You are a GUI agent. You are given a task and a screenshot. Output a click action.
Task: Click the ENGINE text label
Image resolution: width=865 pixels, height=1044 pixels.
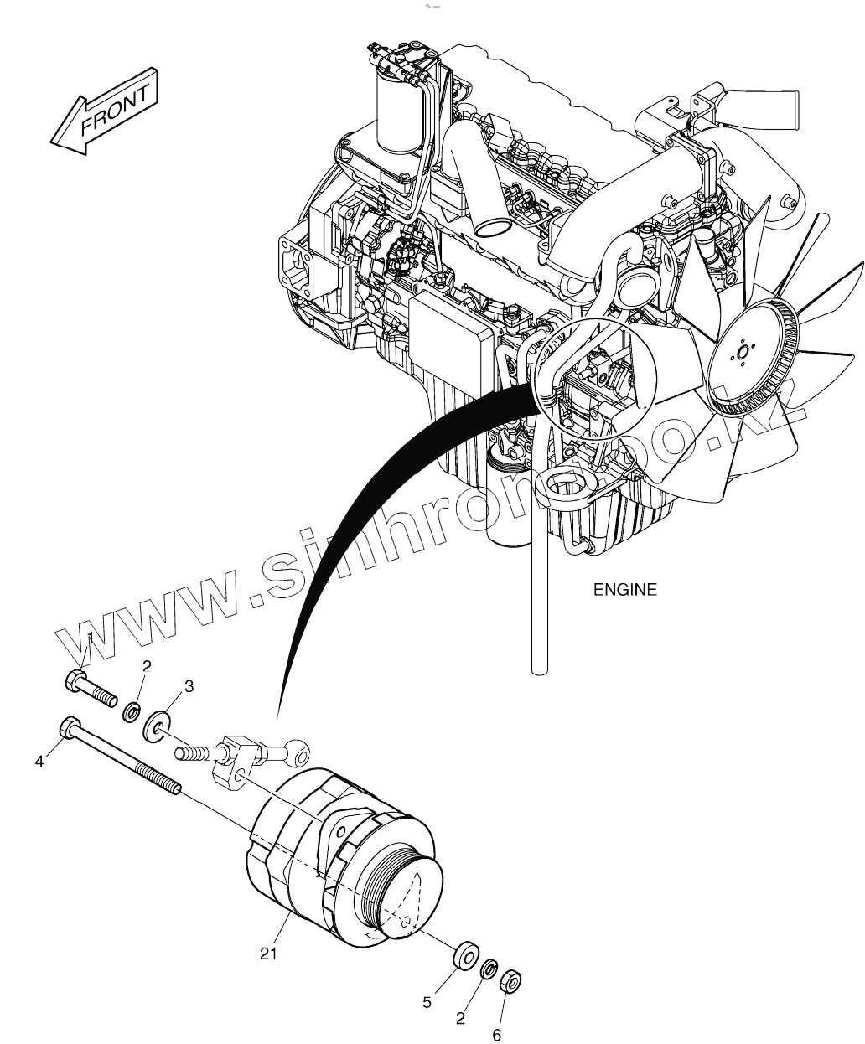tap(624, 590)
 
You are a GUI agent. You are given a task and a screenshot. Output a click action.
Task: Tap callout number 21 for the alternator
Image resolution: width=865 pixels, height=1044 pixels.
tap(268, 954)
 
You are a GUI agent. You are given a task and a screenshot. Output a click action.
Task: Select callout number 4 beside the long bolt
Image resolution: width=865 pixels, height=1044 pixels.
tap(39, 761)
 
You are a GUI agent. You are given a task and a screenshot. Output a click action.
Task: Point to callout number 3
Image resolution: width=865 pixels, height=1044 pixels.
tap(189, 686)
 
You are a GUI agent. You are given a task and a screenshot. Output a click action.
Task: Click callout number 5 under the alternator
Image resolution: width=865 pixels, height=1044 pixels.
tap(427, 1002)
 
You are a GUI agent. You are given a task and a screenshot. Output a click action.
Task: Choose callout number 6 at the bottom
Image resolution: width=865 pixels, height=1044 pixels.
tap(496, 1036)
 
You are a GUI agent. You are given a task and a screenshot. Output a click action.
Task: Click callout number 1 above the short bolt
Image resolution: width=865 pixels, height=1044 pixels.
tap(90, 640)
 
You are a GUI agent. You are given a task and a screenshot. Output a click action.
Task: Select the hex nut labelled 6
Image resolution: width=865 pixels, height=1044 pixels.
tap(508, 981)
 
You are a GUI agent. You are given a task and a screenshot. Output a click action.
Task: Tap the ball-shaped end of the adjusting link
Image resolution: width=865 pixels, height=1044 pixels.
tap(298, 747)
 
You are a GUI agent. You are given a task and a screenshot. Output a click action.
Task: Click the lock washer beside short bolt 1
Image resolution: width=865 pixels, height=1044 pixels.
tap(132, 713)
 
